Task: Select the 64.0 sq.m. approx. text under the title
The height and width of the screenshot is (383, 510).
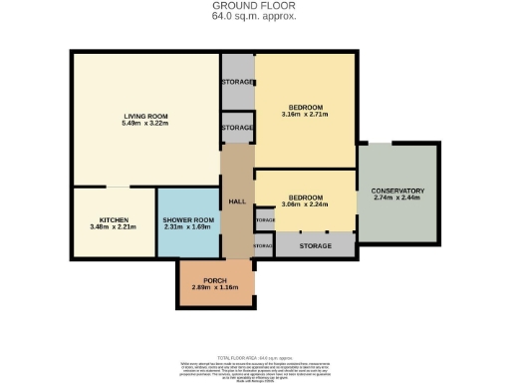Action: click(x=255, y=17)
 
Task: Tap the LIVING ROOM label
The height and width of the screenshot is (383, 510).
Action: click(x=144, y=116)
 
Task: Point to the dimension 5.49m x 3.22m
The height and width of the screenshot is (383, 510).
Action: click(x=144, y=124)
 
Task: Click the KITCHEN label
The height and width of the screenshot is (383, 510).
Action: click(x=113, y=219)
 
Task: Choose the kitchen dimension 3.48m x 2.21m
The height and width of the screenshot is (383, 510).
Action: click(x=113, y=227)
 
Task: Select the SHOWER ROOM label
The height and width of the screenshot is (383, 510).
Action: click(x=188, y=219)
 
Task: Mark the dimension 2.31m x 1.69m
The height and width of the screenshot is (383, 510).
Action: click(x=188, y=227)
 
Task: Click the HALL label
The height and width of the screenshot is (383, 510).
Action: click(x=237, y=201)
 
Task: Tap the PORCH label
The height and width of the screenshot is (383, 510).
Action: click(x=202, y=280)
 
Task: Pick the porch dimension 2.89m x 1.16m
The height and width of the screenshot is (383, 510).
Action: click(x=202, y=288)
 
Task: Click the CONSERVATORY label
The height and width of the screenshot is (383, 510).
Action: click(x=397, y=191)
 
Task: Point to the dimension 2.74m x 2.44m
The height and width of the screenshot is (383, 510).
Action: click(x=397, y=198)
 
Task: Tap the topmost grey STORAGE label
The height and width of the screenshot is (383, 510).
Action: click(x=237, y=80)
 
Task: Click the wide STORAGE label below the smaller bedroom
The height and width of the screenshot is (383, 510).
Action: click(x=315, y=244)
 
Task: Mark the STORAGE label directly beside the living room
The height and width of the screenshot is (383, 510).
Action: click(x=237, y=128)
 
